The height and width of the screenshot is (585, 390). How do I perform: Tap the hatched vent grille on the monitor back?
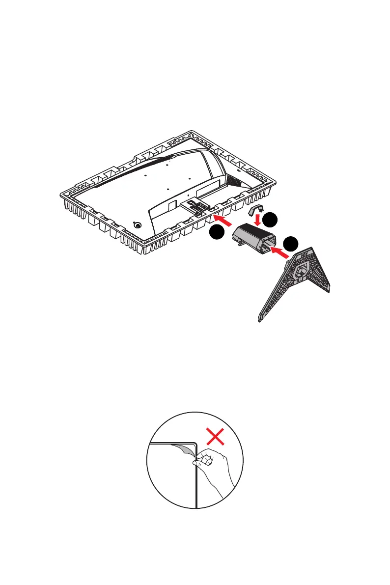234,180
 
